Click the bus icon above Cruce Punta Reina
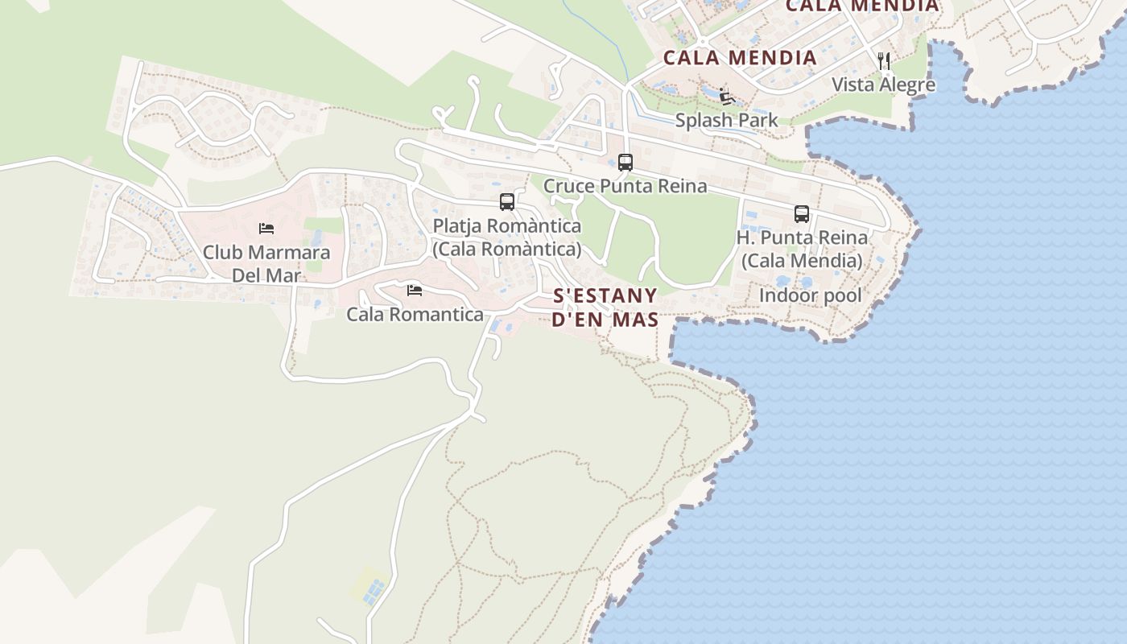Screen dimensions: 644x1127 click(x=625, y=163)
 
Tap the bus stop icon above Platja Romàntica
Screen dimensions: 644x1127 click(x=506, y=202)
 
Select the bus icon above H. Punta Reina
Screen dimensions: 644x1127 click(x=801, y=214)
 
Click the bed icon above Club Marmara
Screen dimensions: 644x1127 click(x=266, y=229)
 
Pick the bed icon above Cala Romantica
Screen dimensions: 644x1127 click(x=415, y=291)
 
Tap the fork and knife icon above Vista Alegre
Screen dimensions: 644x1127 click(x=883, y=61)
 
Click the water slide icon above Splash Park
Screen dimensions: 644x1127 click(x=727, y=97)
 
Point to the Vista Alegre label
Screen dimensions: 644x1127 click(x=883, y=85)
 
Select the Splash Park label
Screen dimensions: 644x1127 click(x=726, y=121)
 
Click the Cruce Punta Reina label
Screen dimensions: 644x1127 click(x=625, y=186)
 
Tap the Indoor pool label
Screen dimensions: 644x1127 click(x=810, y=295)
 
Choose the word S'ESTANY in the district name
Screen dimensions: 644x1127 click(x=605, y=295)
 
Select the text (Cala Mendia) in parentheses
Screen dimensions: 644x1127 click(x=801, y=261)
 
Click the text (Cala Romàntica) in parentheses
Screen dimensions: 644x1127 click(x=506, y=250)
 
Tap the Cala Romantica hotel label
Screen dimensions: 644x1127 click(x=415, y=315)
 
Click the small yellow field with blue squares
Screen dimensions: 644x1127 click(x=370, y=587)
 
